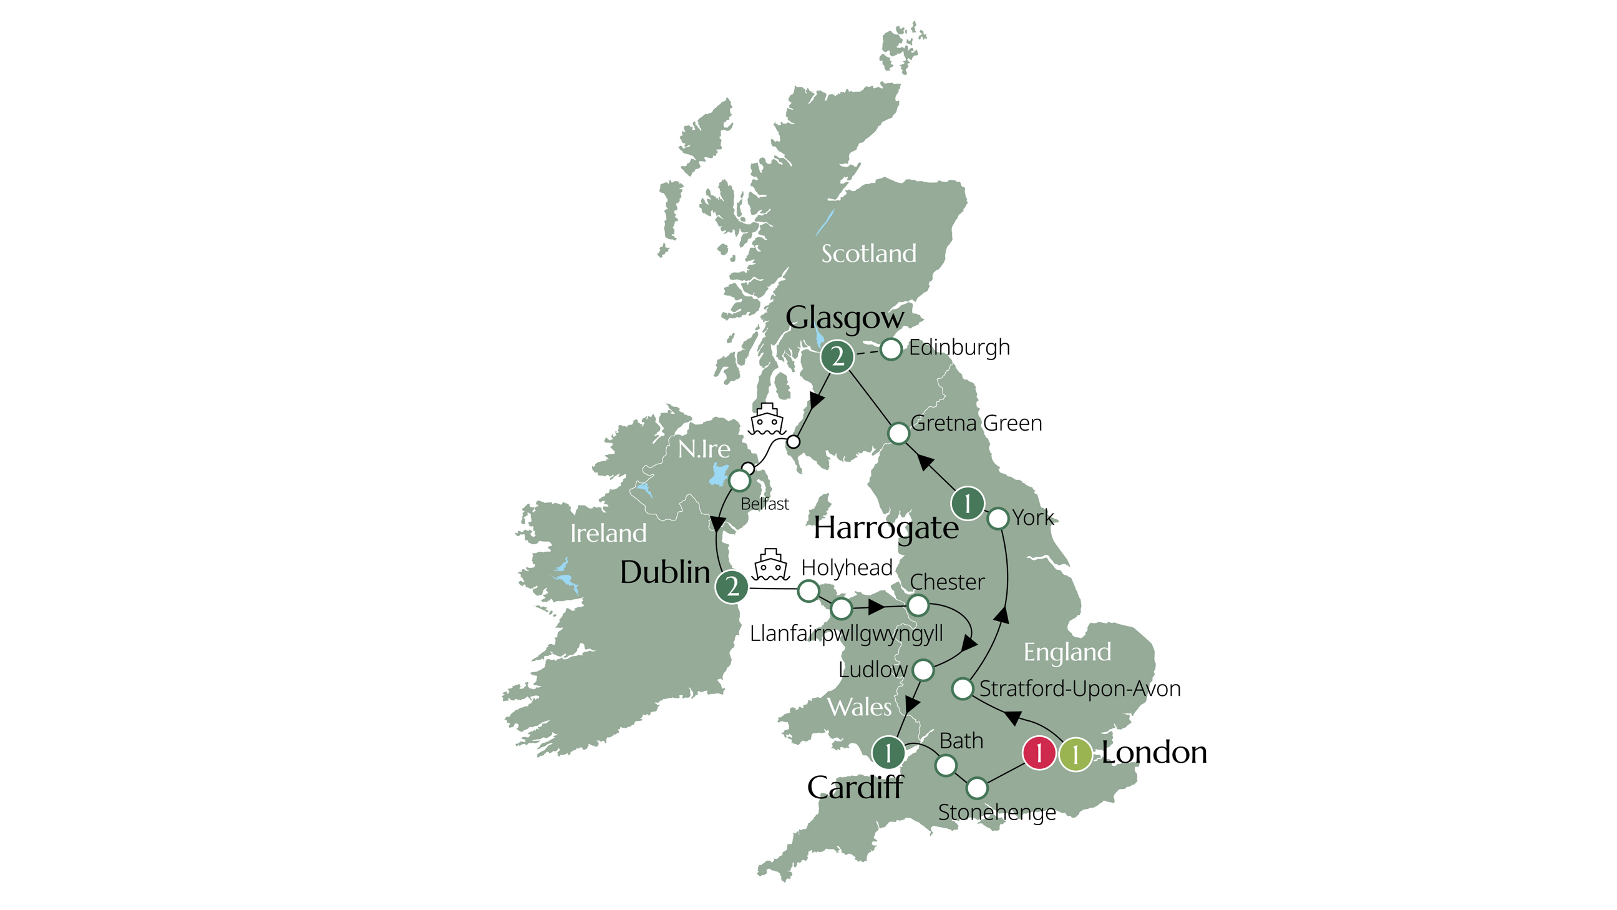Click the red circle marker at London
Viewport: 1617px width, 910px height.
(1039, 752)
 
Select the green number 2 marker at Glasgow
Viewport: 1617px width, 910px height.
(837, 358)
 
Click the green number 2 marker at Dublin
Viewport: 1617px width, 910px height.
(732, 587)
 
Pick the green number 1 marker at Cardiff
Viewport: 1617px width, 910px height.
(888, 752)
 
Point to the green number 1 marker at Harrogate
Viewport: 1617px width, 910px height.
(968, 503)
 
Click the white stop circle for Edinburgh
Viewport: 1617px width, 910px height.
(891, 349)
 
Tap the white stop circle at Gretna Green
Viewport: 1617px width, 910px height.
(899, 433)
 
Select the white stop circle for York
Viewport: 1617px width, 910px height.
(998, 519)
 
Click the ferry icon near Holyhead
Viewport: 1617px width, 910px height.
(771, 565)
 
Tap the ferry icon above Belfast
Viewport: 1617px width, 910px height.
(767, 419)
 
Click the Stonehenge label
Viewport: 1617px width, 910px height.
(997, 813)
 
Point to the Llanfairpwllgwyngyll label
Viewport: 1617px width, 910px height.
(846, 634)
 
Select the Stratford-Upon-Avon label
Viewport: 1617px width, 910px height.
(1080, 689)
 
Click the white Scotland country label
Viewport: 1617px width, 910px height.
(869, 254)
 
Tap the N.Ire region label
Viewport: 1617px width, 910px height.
(704, 449)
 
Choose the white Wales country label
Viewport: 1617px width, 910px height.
(860, 708)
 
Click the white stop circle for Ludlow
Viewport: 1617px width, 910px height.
(923, 670)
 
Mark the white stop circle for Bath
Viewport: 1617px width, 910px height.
(946, 766)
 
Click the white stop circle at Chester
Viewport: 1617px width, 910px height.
(918, 605)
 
